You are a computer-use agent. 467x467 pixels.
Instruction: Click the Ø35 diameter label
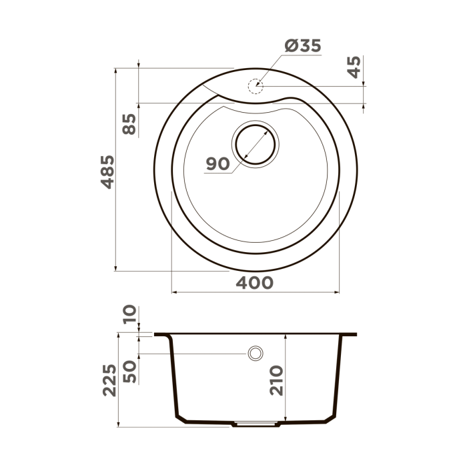tap(303, 46)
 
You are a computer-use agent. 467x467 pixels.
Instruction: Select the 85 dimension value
tap(129, 124)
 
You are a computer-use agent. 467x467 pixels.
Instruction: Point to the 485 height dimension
tap(106, 171)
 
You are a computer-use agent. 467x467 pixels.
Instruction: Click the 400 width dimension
tap(254, 283)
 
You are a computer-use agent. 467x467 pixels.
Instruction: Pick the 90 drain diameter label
tap(217, 163)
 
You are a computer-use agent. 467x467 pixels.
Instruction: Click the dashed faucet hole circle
tap(255, 86)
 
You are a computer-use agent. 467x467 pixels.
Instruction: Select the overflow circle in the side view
tap(255, 353)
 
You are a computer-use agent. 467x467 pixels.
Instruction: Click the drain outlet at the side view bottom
tap(254, 423)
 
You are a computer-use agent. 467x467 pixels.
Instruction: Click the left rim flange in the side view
tap(163, 334)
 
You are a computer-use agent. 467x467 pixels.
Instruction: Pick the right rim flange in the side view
tap(348, 334)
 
